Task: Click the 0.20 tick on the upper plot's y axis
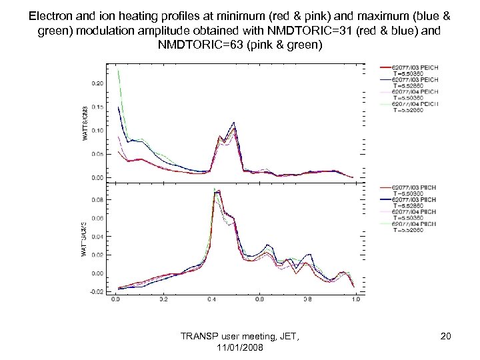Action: (97, 83)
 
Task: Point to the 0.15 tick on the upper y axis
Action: (97, 107)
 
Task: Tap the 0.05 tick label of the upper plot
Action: (97, 154)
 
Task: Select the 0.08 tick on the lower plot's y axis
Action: (97, 199)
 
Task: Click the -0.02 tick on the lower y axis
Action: (97, 291)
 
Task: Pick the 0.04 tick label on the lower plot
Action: (97, 236)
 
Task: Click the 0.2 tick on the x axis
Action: (164, 300)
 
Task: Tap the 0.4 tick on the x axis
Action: (212, 300)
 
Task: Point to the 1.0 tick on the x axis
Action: (356, 300)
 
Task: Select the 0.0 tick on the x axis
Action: (116, 300)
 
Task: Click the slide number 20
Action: (445, 337)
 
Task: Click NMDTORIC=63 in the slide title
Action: (198, 45)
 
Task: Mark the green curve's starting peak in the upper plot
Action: (118, 71)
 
